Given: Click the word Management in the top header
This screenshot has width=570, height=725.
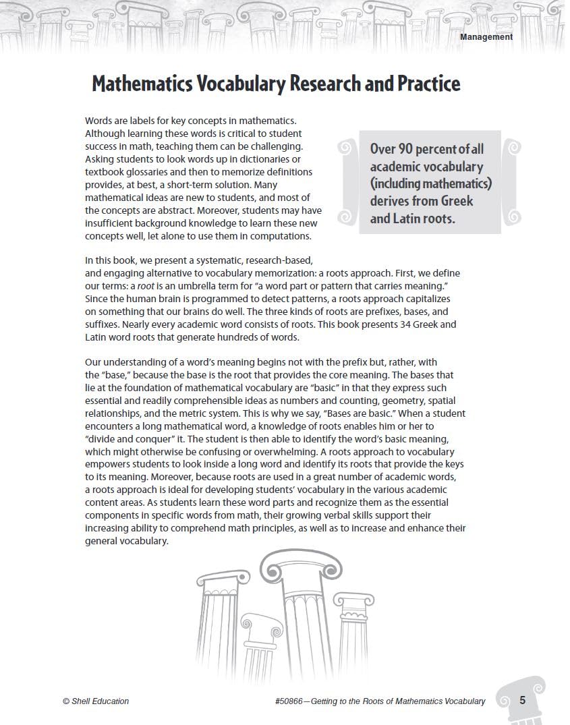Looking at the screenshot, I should [486, 37].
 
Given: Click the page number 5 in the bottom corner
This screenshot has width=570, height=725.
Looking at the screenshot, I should [522, 700].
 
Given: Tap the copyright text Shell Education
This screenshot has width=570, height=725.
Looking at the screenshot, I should [100, 701].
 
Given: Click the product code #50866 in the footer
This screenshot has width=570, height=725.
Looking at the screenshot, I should [290, 701].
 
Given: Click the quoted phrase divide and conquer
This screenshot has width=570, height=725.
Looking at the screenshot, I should [127, 439].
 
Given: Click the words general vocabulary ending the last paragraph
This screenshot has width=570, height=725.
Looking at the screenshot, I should [126, 541].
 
